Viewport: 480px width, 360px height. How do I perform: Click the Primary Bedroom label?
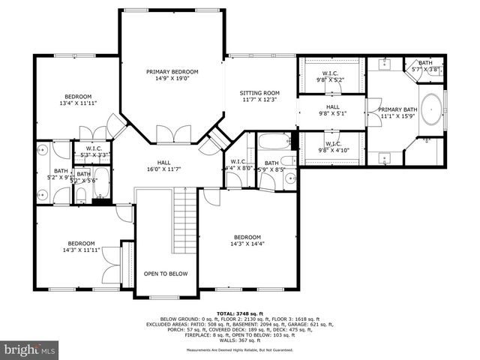tap(172, 70)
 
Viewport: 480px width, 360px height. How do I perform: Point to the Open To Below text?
tap(166, 274)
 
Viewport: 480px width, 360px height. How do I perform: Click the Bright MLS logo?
tap(30, 349)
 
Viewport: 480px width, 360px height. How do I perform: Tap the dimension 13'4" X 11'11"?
tap(77, 103)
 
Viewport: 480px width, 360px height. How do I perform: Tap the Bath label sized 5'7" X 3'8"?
tap(425, 63)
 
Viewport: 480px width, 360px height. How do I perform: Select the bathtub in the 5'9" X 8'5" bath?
tap(272, 140)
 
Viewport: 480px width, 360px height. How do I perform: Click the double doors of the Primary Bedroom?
tap(167, 134)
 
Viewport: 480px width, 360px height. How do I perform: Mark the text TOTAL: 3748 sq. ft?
tap(239, 313)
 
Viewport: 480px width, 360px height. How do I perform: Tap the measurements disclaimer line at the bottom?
tap(239, 349)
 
